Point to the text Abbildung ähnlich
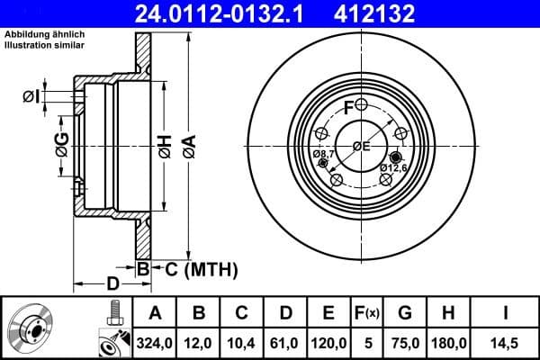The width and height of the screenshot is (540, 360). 40,35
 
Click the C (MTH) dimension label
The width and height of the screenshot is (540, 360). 201,268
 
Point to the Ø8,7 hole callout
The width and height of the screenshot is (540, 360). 324,155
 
